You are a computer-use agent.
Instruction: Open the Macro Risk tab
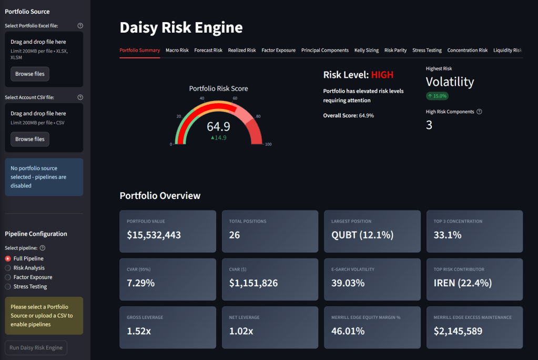[x=177, y=51]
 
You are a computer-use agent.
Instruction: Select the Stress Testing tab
[x=427, y=51]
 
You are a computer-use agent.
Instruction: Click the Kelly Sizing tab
[x=367, y=51]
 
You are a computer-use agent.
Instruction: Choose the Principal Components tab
[x=325, y=51]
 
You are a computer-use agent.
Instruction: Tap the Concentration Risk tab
[x=468, y=51]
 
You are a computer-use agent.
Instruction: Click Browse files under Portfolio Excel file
[x=30, y=74]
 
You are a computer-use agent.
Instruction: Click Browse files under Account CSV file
[x=30, y=139]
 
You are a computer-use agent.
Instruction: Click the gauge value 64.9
[x=218, y=126]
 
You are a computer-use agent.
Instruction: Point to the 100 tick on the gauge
[x=268, y=144]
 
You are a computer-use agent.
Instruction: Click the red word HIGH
[x=382, y=75]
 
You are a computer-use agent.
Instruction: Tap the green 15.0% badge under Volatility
[x=437, y=96]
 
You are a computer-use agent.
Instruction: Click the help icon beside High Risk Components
[x=479, y=112]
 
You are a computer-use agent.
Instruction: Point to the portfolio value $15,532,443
[x=154, y=235]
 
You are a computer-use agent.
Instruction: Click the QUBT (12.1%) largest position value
[x=362, y=235]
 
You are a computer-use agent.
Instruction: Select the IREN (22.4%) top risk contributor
[x=463, y=283]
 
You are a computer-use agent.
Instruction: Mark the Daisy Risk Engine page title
[x=181, y=27]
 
